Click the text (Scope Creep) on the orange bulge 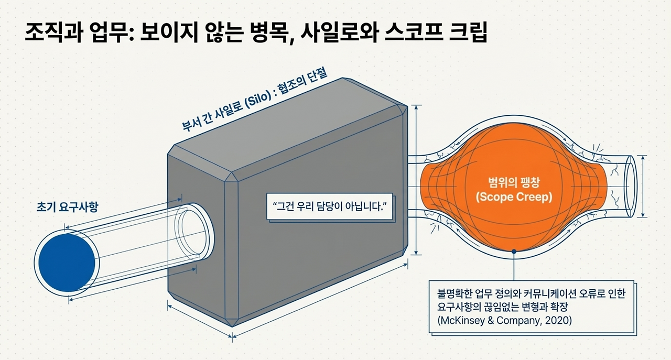515,198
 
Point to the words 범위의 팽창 515,184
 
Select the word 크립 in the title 467,33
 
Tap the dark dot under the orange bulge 515,252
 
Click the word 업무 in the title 114,33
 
